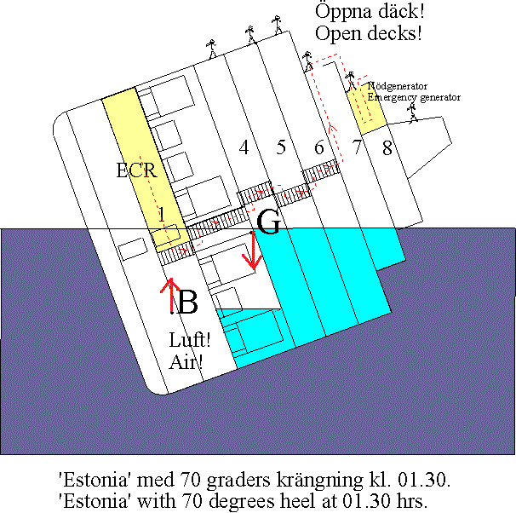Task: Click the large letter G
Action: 268,222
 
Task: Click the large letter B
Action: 188,302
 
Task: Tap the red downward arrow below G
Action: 253,251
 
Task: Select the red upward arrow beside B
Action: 170,296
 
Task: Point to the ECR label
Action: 137,170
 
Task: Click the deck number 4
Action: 244,147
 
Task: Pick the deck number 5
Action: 281,147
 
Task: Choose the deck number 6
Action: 318,147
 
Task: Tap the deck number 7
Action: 357,147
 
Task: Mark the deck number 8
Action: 387,147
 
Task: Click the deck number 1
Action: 161,215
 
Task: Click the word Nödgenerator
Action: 397,86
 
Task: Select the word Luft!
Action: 190,339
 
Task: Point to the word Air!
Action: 186,362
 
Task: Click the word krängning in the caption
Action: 320,481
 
